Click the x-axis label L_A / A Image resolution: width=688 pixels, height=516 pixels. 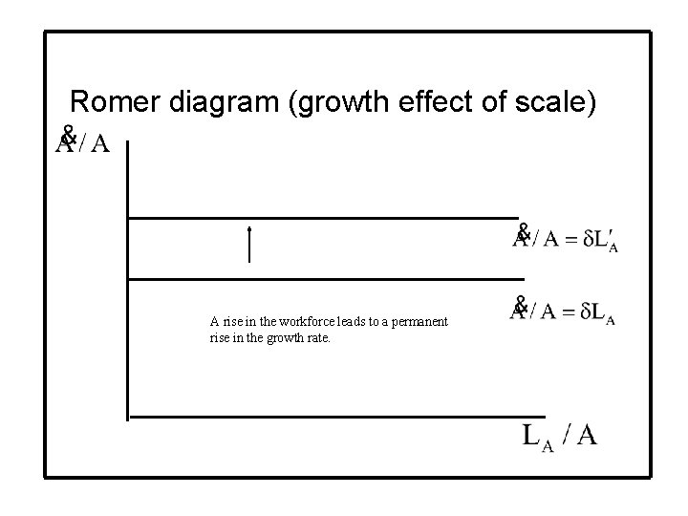click(560, 436)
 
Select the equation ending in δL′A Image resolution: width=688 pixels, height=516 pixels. click(565, 238)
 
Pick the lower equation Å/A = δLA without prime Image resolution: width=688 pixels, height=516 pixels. click(562, 310)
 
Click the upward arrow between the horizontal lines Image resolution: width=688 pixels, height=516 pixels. click(248, 245)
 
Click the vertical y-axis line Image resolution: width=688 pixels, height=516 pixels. click(127, 277)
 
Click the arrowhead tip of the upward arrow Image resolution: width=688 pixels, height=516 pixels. click(248, 227)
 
